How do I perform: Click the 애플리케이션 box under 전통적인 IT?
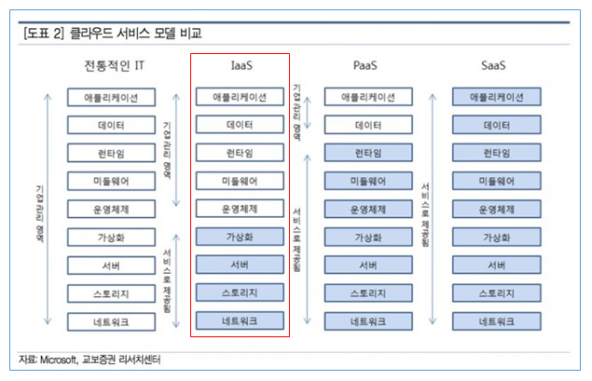(x=111, y=97)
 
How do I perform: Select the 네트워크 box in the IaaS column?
(x=240, y=321)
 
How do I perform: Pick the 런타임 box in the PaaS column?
(x=368, y=153)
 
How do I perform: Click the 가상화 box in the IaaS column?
(x=240, y=237)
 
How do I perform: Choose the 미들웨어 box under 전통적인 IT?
(x=111, y=181)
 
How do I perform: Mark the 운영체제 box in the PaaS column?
(x=368, y=209)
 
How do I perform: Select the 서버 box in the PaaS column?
(x=368, y=265)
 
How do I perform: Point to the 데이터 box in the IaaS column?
(x=240, y=125)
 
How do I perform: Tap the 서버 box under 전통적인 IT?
(x=111, y=265)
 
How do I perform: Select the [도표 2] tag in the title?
(x=44, y=34)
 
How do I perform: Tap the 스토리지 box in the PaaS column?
(x=368, y=293)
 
